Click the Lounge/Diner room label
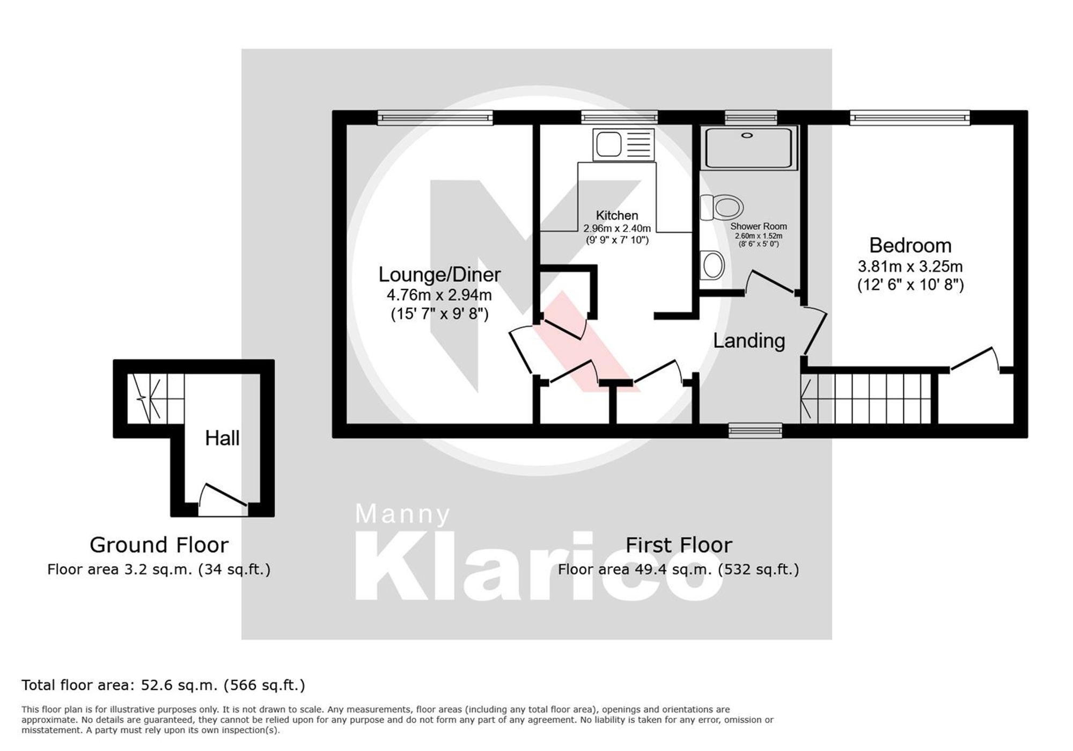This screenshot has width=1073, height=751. [x=439, y=275]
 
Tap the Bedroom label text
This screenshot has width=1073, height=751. [x=910, y=246]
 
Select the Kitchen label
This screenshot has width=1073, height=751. [x=617, y=216]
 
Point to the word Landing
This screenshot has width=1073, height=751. [x=749, y=341]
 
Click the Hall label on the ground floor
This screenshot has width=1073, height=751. [x=222, y=439]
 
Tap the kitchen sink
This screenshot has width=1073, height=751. [x=608, y=144]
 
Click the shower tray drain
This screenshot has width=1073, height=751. [x=747, y=136]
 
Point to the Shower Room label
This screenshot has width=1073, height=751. [x=758, y=227]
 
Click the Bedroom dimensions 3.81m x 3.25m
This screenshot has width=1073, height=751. [x=910, y=267]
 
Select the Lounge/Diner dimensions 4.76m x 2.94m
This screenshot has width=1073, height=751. [x=439, y=295]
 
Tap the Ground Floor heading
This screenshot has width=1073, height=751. [x=159, y=545]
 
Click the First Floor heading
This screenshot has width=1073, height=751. [x=679, y=545]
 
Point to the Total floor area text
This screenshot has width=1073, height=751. [x=163, y=686]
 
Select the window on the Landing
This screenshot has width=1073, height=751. [x=755, y=430]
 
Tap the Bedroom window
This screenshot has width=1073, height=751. [x=909, y=117]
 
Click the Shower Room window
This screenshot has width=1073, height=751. [x=751, y=117]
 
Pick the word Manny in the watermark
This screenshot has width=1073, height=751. [x=402, y=514]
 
